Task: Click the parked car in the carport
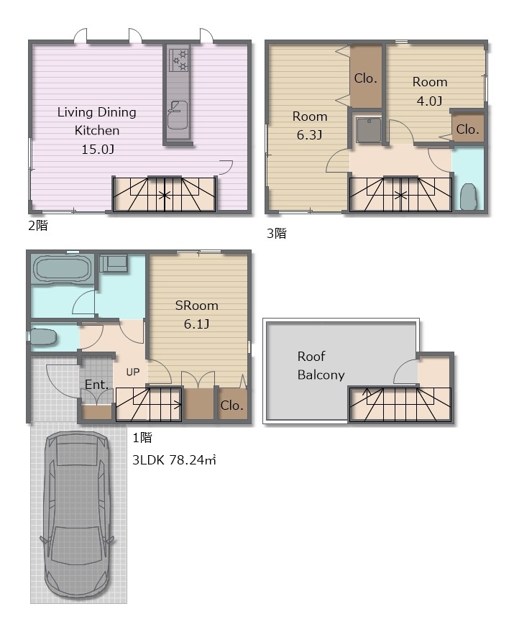[76, 516]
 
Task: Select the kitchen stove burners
[178, 60]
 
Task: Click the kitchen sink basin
[178, 115]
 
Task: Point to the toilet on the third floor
[468, 197]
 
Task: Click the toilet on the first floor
[44, 337]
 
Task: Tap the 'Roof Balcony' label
[321, 365]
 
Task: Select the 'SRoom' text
[197, 306]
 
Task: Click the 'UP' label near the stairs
[132, 372]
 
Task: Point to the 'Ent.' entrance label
[97, 385]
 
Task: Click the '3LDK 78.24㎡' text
[174, 460]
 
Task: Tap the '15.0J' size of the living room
[98, 150]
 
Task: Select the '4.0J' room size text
[429, 101]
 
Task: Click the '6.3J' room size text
[309, 135]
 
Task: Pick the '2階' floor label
[38, 225]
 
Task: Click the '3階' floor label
[277, 233]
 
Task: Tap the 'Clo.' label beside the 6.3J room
[366, 78]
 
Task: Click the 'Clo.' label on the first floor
[231, 405]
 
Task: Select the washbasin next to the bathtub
[114, 263]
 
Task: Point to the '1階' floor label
[142, 437]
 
